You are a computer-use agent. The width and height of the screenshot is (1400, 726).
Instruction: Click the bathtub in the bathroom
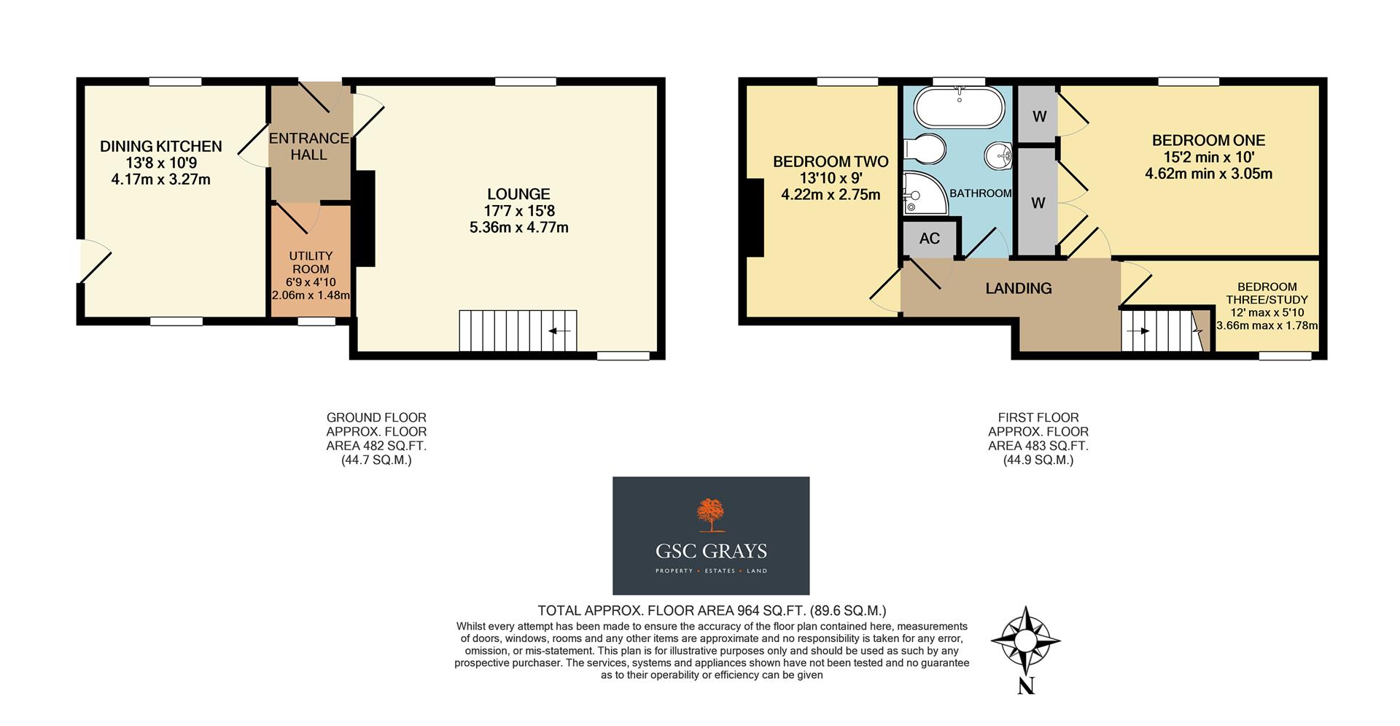pos(958,107)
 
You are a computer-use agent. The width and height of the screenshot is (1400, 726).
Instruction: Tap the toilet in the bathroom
pos(925,150)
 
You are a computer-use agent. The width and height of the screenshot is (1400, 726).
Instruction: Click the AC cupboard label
pos(929,239)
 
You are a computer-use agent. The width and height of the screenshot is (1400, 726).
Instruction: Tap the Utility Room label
pos(311,262)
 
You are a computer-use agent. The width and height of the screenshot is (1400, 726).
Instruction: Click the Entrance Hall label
pos(308,146)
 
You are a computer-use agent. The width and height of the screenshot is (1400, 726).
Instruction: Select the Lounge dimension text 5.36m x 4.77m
pos(518,228)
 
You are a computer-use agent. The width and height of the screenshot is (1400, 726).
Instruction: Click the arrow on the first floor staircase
pos(1138,331)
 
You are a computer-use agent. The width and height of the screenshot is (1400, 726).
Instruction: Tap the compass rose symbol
pos(1025,641)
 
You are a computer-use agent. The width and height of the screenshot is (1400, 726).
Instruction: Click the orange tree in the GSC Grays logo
pos(710,515)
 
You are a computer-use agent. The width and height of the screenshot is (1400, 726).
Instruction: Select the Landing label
pos(1018,288)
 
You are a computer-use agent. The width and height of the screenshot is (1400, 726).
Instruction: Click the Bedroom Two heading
pos(830,162)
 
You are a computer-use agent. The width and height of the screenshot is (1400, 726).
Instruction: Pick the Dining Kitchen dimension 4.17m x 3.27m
pos(160,179)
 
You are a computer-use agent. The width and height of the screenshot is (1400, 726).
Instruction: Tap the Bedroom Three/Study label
pos(1267,293)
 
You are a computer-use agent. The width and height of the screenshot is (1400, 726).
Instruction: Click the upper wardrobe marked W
pos(1039,116)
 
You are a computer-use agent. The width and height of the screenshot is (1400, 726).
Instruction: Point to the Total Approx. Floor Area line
pos(712,611)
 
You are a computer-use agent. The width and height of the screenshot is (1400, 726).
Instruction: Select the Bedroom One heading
pos(1208,140)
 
